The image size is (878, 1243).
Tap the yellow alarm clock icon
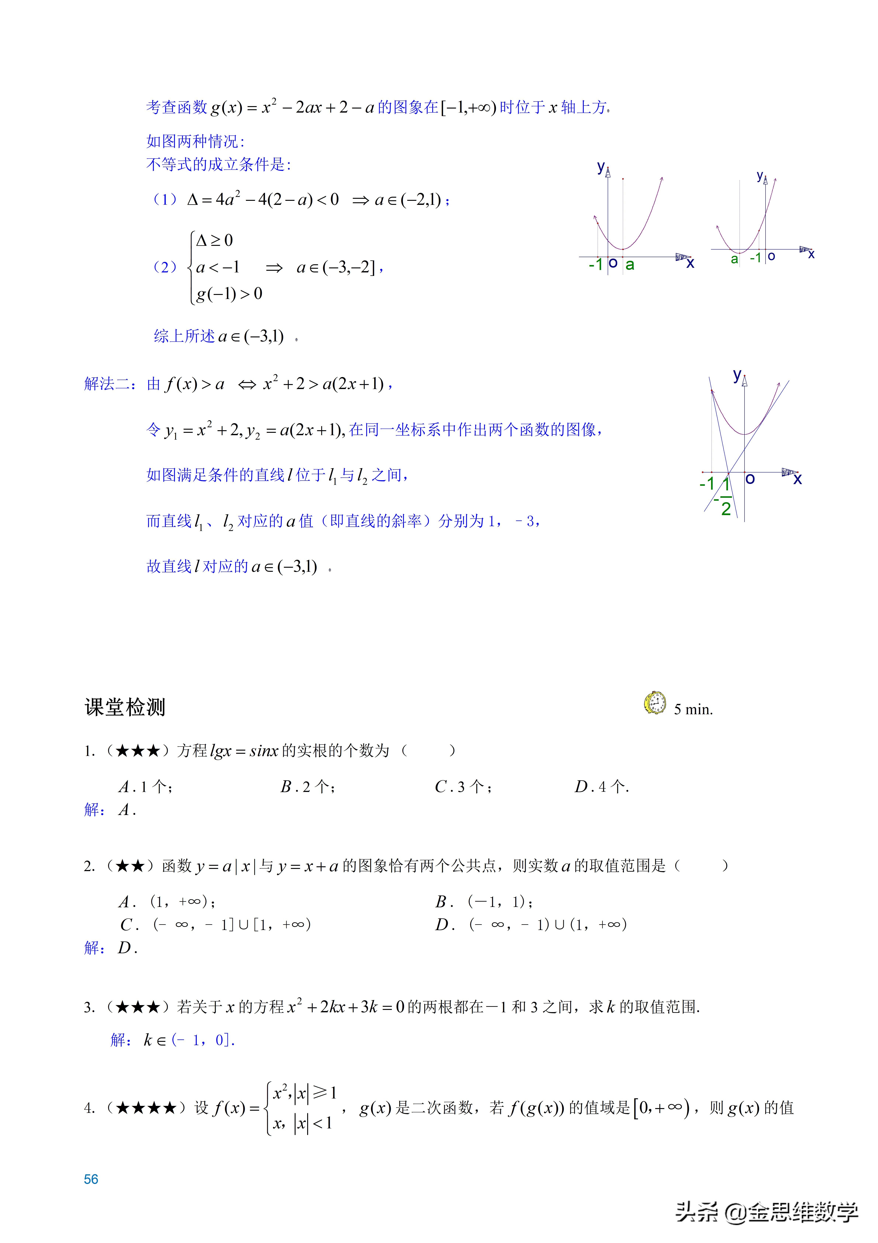pyautogui.click(x=655, y=703)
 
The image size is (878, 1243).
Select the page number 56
pyautogui.click(x=91, y=1179)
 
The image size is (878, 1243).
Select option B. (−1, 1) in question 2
pyautogui.click(x=484, y=901)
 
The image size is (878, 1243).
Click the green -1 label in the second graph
pyautogui.click(x=755, y=258)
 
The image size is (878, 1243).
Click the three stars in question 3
pyautogui.click(x=138, y=1007)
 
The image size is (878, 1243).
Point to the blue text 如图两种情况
pyautogui.click(x=195, y=141)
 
